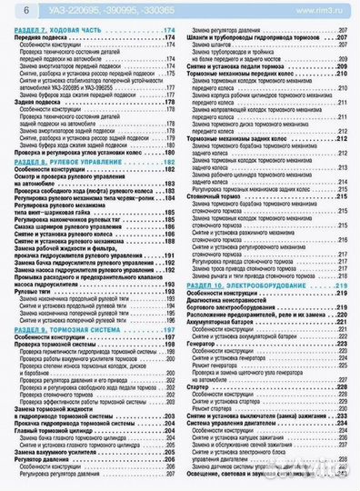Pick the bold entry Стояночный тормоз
click(x=218, y=196)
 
